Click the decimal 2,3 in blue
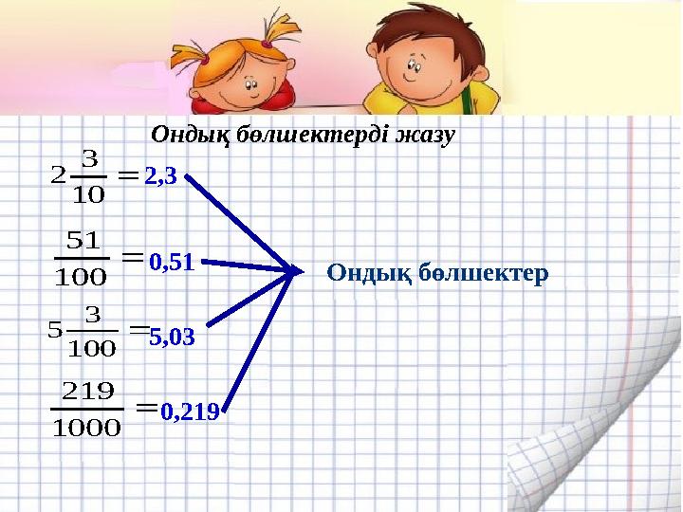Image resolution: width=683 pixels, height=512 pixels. point(161,176)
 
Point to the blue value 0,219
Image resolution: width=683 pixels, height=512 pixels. point(190,411)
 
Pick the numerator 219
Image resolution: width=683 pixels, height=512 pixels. point(87,390)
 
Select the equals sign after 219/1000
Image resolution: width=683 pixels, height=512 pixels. point(145,408)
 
